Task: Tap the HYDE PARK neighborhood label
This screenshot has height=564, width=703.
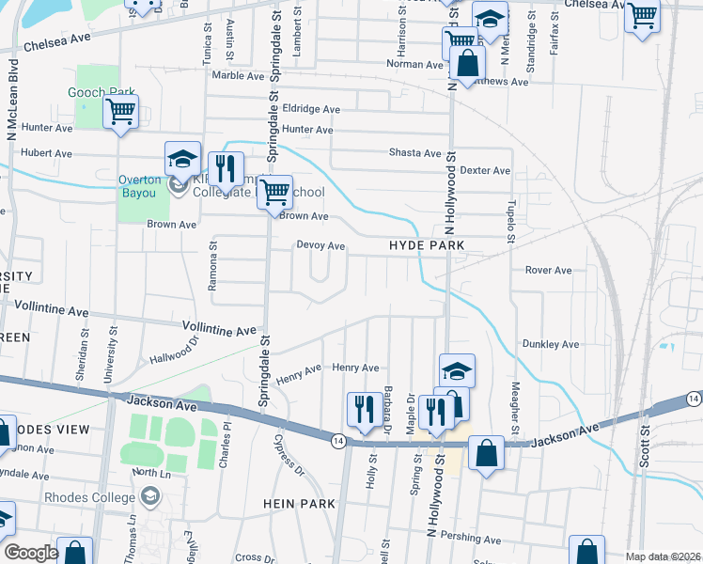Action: (428, 245)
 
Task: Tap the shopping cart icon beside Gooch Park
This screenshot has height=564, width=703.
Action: (121, 113)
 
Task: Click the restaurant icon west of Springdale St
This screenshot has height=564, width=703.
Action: (226, 169)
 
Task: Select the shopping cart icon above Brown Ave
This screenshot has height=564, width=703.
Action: (274, 193)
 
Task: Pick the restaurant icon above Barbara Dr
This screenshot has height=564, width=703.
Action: (363, 409)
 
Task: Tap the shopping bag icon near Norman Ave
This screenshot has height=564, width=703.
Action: (467, 64)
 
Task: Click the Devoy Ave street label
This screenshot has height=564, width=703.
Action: (321, 246)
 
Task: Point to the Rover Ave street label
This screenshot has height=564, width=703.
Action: (549, 270)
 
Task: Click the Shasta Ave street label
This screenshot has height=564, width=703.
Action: (414, 153)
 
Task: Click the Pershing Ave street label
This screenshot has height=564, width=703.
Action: (476, 540)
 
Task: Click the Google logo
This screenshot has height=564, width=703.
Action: (32, 553)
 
